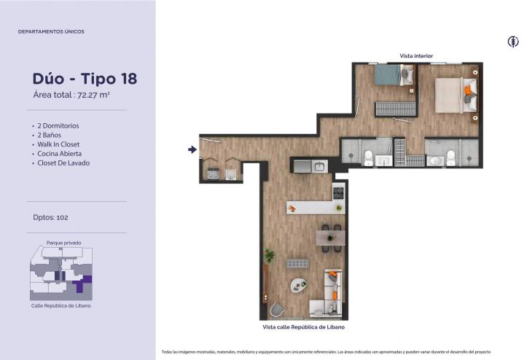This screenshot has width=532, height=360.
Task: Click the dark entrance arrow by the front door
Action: coord(192,149)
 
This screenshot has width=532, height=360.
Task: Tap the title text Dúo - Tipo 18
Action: coord(85,79)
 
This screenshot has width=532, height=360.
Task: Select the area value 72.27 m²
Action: coord(93,95)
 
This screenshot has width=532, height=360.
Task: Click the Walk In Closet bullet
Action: coord(58,144)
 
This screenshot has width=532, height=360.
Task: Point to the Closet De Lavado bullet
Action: coord(63,163)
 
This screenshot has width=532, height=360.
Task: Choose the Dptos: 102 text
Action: coord(50,217)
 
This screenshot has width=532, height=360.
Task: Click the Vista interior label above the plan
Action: coord(416,56)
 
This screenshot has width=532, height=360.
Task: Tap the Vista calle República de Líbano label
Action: coord(304,327)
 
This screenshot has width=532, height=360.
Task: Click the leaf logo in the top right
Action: coord(513,42)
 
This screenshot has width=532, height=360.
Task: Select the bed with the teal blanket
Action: coord(394,74)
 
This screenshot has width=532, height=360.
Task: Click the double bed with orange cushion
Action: coord(455,95)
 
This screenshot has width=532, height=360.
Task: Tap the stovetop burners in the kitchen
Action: coord(338,193)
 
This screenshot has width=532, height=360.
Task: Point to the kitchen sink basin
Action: coord(319,167)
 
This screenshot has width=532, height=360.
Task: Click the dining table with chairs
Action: coord(331,238)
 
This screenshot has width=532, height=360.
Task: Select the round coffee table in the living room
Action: coord(299,285)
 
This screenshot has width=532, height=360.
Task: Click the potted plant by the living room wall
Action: coord(270,255)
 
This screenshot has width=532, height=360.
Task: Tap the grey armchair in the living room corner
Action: coord(277,310)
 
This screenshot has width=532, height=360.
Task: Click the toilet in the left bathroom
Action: coord(369,158)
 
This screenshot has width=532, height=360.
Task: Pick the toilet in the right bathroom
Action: coord(450,158)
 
